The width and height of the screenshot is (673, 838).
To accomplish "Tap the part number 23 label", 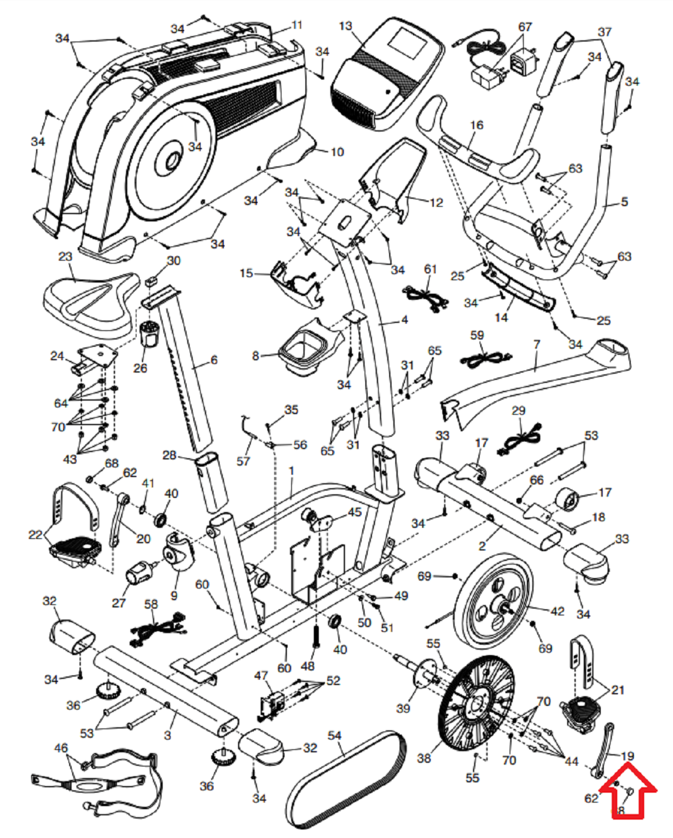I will click(x=65, y=257).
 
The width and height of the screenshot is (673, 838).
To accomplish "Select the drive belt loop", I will click(x=346, y=783).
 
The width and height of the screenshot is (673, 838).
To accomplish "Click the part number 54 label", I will click(x=335, y=735).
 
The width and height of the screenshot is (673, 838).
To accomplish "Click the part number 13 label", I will click(x=346, y=26).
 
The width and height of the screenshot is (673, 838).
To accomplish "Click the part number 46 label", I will click(x=61, y=748).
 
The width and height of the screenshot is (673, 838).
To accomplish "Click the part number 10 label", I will click(x=337, y=152).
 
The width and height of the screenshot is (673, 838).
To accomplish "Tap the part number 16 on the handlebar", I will click(x=477, y=125).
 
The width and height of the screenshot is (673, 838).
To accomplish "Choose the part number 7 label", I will click(x=537, y=344).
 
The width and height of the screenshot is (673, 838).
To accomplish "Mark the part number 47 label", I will click(x=261, y=675).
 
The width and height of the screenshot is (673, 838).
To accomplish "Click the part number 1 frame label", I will click(x=292, y=471).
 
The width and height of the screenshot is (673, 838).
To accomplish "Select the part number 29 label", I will click(x=518, y=411).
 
